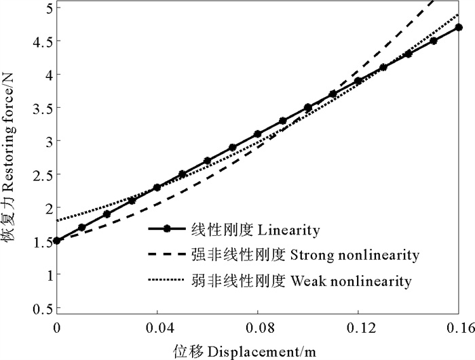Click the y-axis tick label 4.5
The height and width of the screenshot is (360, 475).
(x=41, y=41)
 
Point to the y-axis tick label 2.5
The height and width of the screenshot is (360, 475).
(x=41, y=174)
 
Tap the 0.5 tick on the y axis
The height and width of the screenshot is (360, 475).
(x=41, y=308)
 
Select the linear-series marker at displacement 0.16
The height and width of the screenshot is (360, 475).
(x=459, y=28)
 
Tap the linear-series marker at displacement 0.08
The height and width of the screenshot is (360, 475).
(x=258, y=134)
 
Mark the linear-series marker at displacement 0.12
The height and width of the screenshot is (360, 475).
(x=358, y=81)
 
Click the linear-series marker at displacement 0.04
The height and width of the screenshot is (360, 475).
(x=157, y=187)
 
